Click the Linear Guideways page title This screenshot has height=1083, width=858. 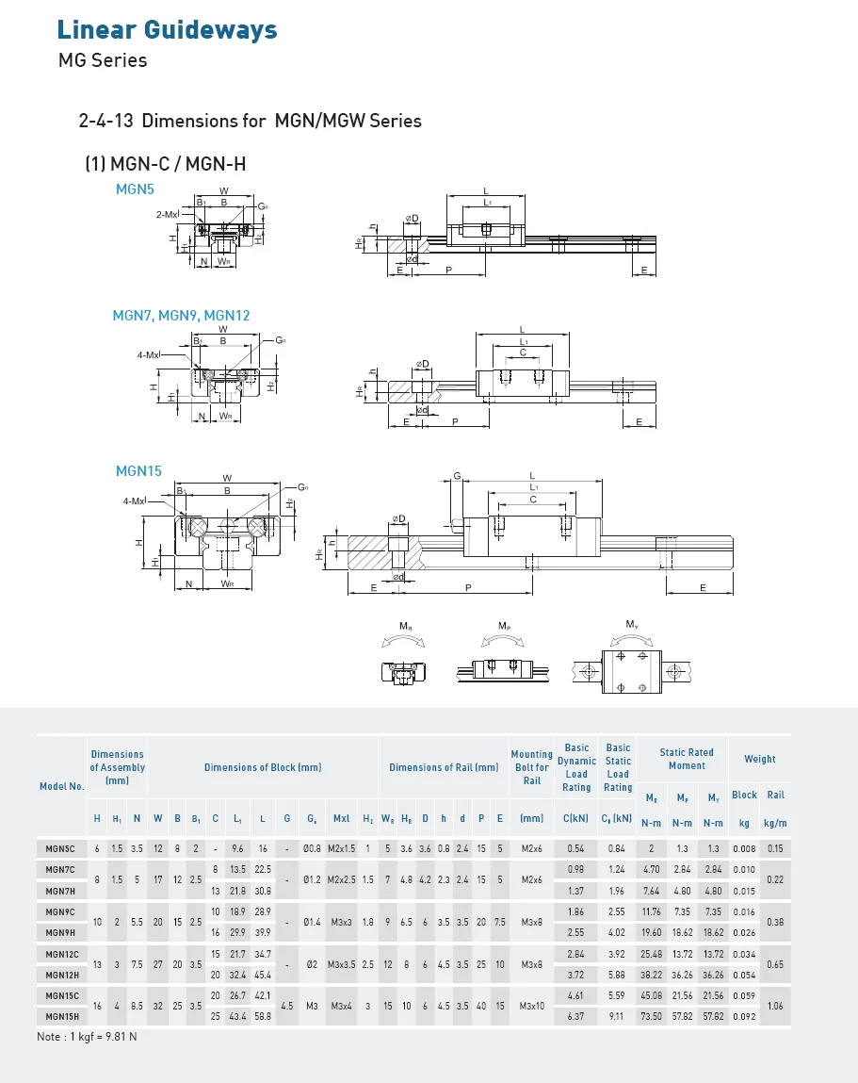167,29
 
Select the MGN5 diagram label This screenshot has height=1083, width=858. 135,189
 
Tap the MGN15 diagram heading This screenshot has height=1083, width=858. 138,470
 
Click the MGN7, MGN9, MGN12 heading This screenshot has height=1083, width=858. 181,315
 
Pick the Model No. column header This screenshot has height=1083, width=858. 61,786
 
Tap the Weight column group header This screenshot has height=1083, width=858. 759,759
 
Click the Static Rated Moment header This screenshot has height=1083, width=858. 686,759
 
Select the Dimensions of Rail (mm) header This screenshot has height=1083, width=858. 444,767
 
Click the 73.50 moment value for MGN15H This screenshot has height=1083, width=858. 651,1016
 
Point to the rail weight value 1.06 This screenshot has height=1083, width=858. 775,1006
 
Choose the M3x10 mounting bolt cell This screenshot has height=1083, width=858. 532,1006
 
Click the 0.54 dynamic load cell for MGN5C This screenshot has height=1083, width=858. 575,849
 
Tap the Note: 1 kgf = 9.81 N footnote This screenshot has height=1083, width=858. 87,1037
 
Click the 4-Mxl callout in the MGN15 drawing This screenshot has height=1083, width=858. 135,501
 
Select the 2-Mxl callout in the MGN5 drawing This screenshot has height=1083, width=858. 167,214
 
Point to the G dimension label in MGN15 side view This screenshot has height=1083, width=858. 457,477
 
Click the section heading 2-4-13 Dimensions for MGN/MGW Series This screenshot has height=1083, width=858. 250,121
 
